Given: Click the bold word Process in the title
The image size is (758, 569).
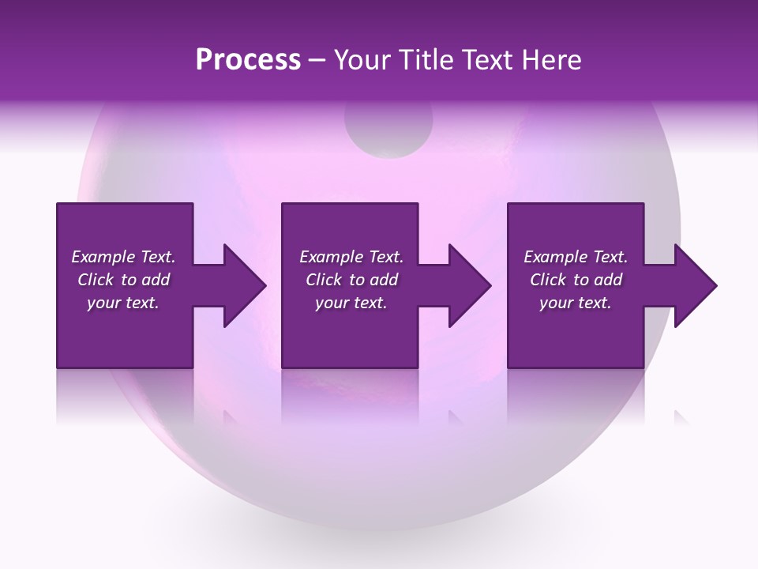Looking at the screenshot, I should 248,59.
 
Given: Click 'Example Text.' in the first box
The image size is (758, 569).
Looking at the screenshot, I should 124,257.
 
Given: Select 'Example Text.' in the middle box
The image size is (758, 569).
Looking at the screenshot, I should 351,257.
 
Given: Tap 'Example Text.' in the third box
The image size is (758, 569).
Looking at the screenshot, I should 576,257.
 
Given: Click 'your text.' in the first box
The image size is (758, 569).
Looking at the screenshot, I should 123,303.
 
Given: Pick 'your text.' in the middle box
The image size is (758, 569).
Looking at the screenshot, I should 351,303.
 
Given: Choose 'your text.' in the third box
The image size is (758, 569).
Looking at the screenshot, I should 575,303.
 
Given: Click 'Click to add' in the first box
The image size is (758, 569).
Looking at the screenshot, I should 124,280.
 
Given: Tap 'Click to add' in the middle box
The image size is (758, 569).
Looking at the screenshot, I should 351,280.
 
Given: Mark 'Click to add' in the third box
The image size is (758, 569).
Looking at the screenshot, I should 576,280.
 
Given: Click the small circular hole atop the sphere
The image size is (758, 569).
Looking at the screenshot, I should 388,130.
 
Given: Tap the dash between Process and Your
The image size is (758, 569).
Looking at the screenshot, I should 317,60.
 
